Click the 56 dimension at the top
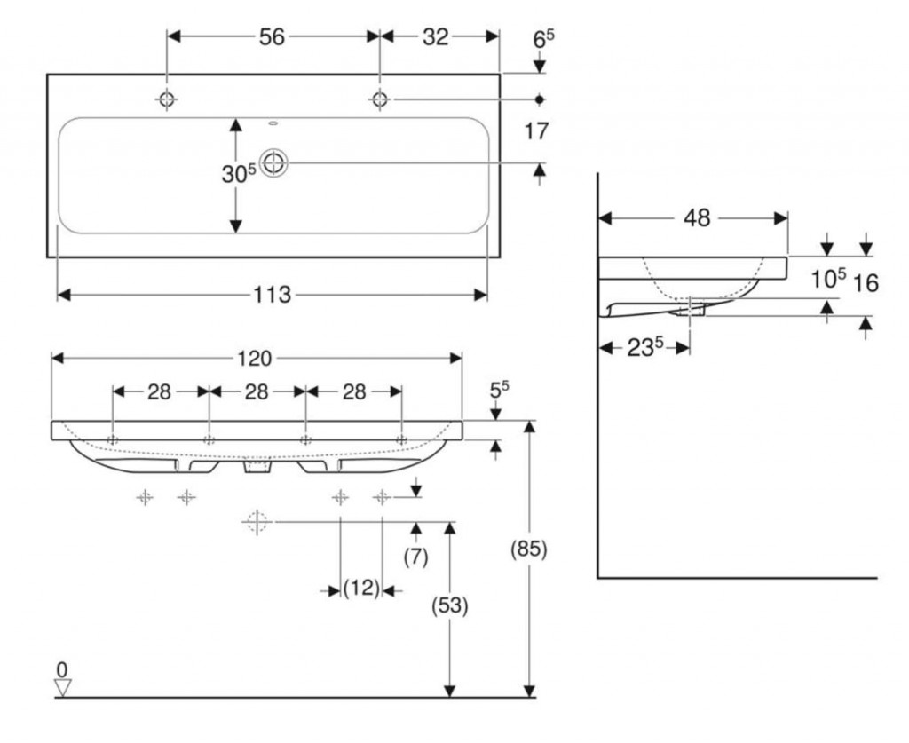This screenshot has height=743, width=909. (272, 36)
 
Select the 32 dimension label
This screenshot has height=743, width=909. (436, 36)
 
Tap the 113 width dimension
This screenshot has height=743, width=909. (273, 295)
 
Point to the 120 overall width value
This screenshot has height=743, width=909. (256, 358)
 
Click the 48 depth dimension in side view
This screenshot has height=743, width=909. (698, 217)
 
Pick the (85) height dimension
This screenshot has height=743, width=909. (529, 549)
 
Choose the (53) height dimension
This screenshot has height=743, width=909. (450, 606)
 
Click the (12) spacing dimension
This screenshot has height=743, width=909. (361, 589)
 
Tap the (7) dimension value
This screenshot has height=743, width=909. (415, 557)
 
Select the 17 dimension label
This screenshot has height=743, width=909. (536, 131)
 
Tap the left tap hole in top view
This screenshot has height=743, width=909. (167, 99)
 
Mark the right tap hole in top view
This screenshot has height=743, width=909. (380, 99)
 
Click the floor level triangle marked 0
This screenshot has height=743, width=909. (62, 686)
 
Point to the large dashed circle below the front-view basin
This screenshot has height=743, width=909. (256, 522)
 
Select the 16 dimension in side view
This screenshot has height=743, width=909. (866, 283)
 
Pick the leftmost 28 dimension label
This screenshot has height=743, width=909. (160, 391)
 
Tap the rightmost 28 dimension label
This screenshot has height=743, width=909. (353, 391)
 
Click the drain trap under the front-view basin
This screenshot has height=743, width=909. (257, 467)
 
